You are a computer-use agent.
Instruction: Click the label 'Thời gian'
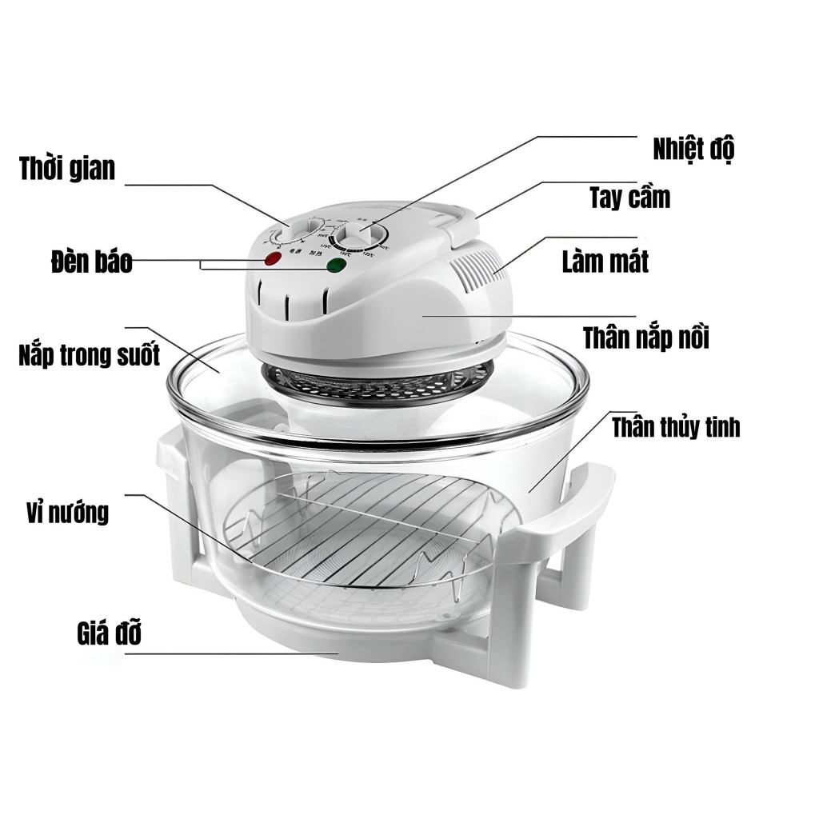(67, 169)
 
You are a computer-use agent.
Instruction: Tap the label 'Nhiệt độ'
(693, 149)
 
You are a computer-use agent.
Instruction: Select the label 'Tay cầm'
(629, 198)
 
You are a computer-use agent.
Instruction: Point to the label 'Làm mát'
(605, 261)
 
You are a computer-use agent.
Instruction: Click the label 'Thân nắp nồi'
(645, 338)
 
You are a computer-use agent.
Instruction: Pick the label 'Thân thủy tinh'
(676, 427)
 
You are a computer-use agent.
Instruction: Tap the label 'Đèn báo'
(90, 262)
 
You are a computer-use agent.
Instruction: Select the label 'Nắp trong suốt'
(89, 354)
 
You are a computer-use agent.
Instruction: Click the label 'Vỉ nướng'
(66, 512)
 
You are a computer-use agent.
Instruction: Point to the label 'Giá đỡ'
(110, 635)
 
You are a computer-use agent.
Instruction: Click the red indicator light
(272, 259)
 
